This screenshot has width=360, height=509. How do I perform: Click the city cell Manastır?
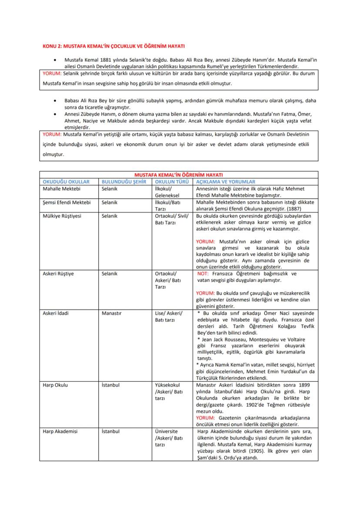pyautogui.click(x=111, y=313)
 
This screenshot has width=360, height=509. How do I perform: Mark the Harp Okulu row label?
pyautogui.click(x=55, y=385)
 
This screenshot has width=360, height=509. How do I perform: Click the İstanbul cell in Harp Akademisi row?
pyautogui.click(x=110, y=432)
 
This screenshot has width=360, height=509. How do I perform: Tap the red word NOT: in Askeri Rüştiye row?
pyautogui.click(x=203, y=274)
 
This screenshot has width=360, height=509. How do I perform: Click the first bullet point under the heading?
pyautogui.click(x=54, y=59)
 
